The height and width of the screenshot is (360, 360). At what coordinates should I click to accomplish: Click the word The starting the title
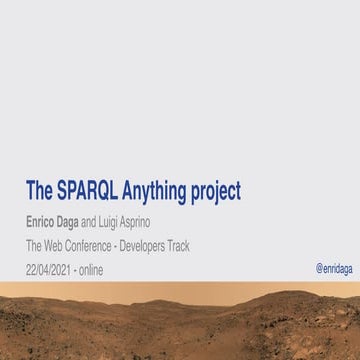point(38,190)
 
